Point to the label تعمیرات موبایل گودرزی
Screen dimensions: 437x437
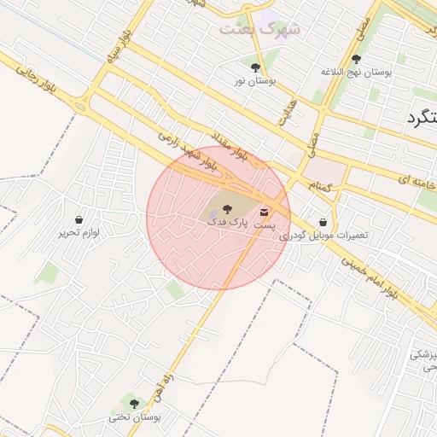click(x=321, y=234)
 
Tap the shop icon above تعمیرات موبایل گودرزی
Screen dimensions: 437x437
click(x=322, y=220)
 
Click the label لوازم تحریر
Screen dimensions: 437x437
click(x=79, y=232)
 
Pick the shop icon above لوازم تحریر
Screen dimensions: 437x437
click(x=79, y=219)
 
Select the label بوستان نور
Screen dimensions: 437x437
click(x=254, y=80)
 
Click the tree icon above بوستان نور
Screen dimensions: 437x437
click(x=255, y=67)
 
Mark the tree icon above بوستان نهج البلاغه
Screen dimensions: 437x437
click(x=356, y=59)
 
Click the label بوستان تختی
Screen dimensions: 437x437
click(x=133, y=417)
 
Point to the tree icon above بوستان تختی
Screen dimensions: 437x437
click(x=133, y=402)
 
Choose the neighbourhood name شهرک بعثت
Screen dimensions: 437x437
click(x=261, y=29)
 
